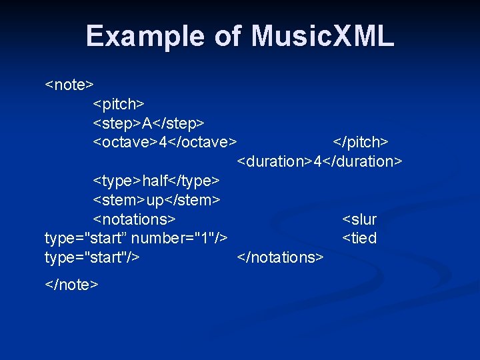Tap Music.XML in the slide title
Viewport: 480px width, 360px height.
pyautogui.click(x=323, y=36)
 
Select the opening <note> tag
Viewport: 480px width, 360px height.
pyautogui.click(x=69, y=85)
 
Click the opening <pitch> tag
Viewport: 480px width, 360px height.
pyautogui.click(x=119, y=104)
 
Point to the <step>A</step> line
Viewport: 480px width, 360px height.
pyautogui.click(x=148, y=123)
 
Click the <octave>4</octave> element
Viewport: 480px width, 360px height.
pyautogui.click(x=165, y=142)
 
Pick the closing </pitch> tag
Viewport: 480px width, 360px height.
pyautogui.click(x=361, y=142)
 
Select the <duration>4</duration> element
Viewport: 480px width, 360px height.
pyautogui.click(x=319, y=161)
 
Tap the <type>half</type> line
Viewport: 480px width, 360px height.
pyautogui.click(x=156, y=181)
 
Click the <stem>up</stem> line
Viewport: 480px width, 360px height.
pyautogui.click(x=156, y=200)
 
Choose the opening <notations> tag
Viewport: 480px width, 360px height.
pyautogui.click(x=134, y=219)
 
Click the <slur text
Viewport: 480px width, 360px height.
pyautogui.click(x=359, y=219)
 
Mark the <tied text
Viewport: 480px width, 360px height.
pyautogui.click(x=359, y=238)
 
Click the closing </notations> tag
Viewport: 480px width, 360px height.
pyautogui.click(x=280, y=257)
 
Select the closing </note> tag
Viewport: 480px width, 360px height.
pyautogui.click(x=71, y=285)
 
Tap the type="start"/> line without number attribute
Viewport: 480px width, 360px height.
pyautogui.click(x=91, y=257)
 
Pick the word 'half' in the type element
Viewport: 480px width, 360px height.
pyautogui.click(x=155, y=181)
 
